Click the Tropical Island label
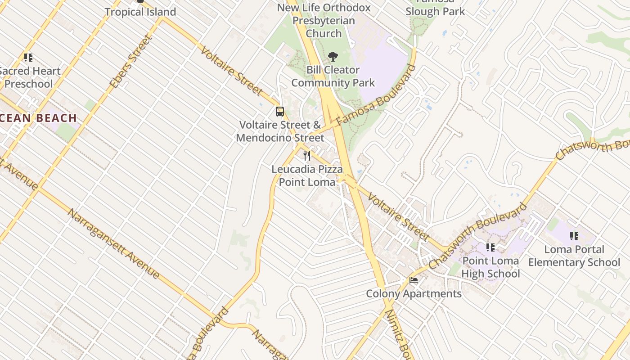(x=140, y=12)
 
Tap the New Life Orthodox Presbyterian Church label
(x=324, y=21)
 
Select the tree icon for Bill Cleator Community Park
(x=333, y=57)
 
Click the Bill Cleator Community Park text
(x=333, y=76)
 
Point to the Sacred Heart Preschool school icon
(x=28, y=58)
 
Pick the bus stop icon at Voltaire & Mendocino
(x=280, y=112)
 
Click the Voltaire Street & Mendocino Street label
(x=280, y=131)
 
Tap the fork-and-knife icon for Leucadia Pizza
(x=307, y=156)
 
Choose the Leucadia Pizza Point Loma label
(x=307, y=175)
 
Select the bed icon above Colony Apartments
(x=414, y=281)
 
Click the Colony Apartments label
(x=414, y=294)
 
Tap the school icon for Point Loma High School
(x=490, y=247)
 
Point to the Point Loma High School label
(x=490, y=267)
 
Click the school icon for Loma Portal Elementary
(x=574, y=236)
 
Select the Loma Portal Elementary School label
(x=574, y=256)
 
